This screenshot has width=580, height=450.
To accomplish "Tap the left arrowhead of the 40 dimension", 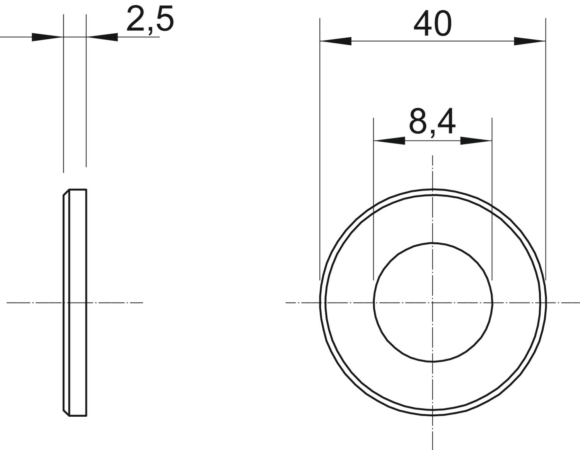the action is [336, 41].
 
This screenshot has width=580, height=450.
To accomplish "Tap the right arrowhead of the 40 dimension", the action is [530, 41].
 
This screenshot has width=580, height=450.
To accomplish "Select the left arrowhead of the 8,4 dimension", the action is [389, 141].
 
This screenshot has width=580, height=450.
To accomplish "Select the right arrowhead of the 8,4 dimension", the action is [476, 141].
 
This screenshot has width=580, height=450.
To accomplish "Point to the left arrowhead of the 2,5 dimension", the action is [48, 37].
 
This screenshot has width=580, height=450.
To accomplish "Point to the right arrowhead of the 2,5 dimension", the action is [102, 37].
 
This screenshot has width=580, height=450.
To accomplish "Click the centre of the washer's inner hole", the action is [433, 303].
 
